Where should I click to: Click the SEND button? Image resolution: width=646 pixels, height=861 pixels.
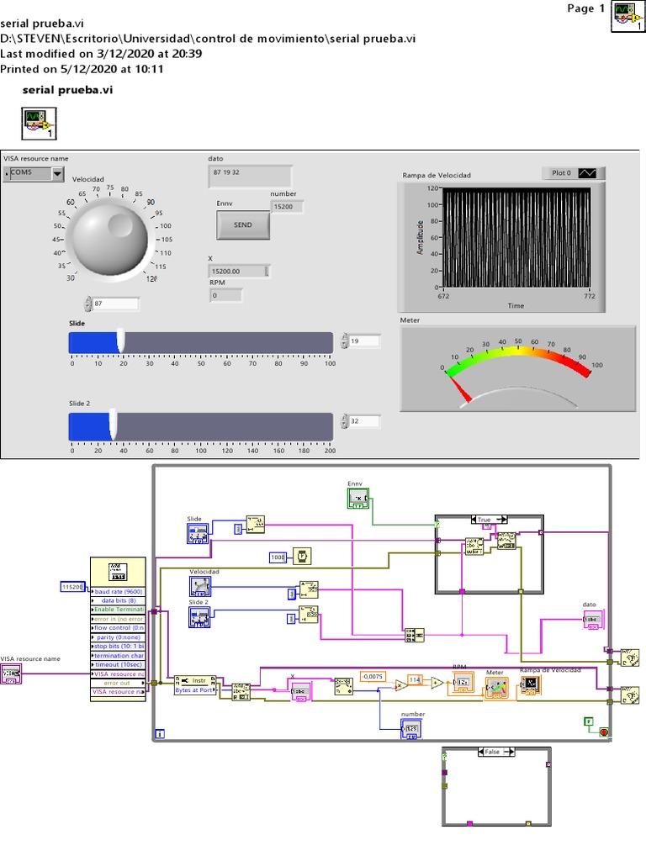pos(242,225)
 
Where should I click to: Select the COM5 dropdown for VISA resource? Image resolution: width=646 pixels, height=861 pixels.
pos(34,173)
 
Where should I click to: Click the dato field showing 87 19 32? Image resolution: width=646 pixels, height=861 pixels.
pos(250,177)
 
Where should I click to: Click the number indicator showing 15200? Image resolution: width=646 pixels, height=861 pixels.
pos(287,206)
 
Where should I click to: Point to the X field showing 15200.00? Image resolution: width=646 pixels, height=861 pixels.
pos(239,271)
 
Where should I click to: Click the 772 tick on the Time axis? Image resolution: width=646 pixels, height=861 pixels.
pos(590,295)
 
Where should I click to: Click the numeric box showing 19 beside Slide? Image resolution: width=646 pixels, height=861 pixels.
pos(364,341)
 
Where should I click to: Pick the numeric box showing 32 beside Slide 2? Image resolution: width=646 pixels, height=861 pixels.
pos(364,421)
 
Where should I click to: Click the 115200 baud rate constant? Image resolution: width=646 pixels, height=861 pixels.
pos(74,587)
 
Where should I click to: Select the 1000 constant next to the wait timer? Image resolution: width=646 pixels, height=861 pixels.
pos(278,557)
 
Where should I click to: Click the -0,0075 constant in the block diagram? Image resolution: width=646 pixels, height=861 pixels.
pos(373,676)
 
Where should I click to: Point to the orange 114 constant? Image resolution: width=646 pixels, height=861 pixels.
pos(415,679)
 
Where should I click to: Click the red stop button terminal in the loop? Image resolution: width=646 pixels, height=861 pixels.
pos(604,732)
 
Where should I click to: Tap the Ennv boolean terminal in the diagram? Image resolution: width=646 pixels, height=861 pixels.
pos(358,499)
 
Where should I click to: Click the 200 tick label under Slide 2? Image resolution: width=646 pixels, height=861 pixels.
pos(330,451)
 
